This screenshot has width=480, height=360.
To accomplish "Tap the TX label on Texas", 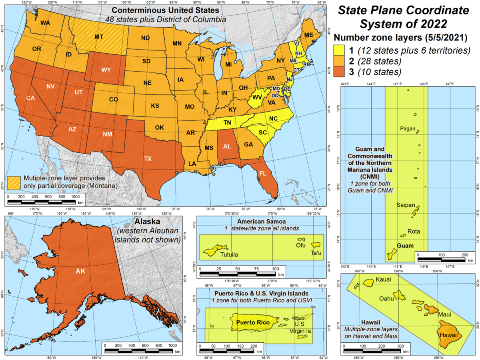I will tap(148, 158).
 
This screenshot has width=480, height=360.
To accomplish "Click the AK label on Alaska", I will tap(80, 271).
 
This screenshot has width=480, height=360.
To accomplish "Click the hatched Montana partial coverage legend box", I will tap(14, 182).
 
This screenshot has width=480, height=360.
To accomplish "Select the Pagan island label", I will tap(407, 128).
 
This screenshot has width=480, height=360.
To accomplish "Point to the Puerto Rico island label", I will tap(252, 322).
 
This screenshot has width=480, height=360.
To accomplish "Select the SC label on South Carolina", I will tap(263, 132).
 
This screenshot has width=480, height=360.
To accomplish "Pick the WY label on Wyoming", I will tap(106, 70).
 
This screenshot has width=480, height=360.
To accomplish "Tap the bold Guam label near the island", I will tap(405, 246).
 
